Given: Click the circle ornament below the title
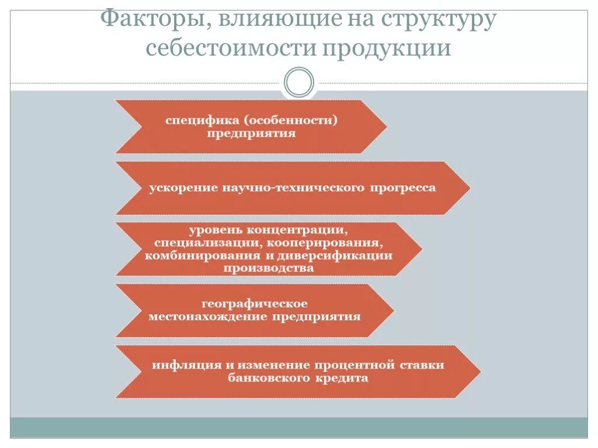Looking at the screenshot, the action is click(299, 83).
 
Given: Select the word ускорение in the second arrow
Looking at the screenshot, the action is click(183, 188).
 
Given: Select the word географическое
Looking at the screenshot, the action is click(255, 304).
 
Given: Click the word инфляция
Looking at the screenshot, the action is click(185, 365).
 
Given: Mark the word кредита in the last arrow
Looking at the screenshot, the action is click(343, 379).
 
